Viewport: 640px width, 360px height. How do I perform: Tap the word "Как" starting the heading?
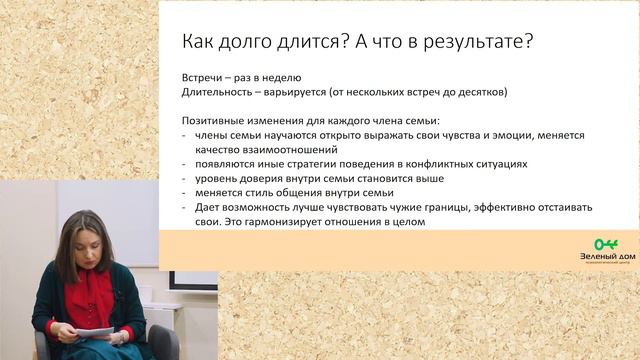point(198,43)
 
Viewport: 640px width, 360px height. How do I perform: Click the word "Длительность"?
point(217,92)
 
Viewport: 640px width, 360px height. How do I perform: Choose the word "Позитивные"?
point(215,120)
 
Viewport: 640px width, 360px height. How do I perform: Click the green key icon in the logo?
point(606,244)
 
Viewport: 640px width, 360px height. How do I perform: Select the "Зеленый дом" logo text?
point(606,257)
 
